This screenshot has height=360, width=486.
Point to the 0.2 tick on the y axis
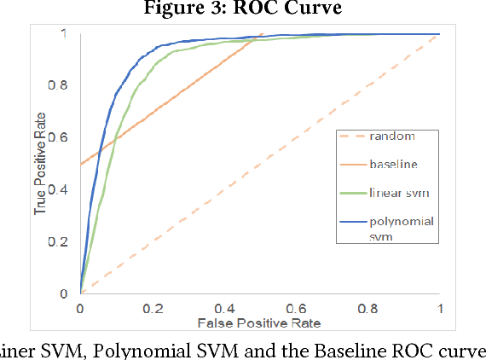coord(65,241)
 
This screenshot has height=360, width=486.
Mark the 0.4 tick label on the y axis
coord(65,189)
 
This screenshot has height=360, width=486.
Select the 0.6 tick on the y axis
coord(65,137)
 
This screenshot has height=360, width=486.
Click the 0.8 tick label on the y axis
coord(65,85)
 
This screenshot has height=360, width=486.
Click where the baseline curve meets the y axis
coord(80,164)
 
